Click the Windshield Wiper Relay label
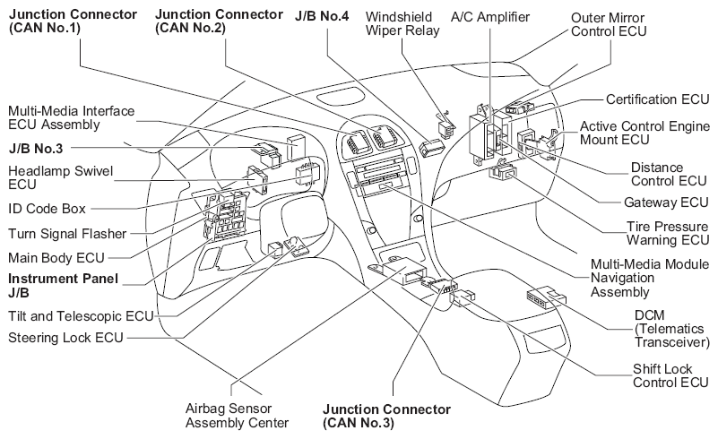tap(411, 24)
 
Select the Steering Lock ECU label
tap(65, 338)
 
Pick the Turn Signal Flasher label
tap(66, 234)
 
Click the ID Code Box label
tap(46, 208)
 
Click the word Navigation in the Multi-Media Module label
tap(621, 279)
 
